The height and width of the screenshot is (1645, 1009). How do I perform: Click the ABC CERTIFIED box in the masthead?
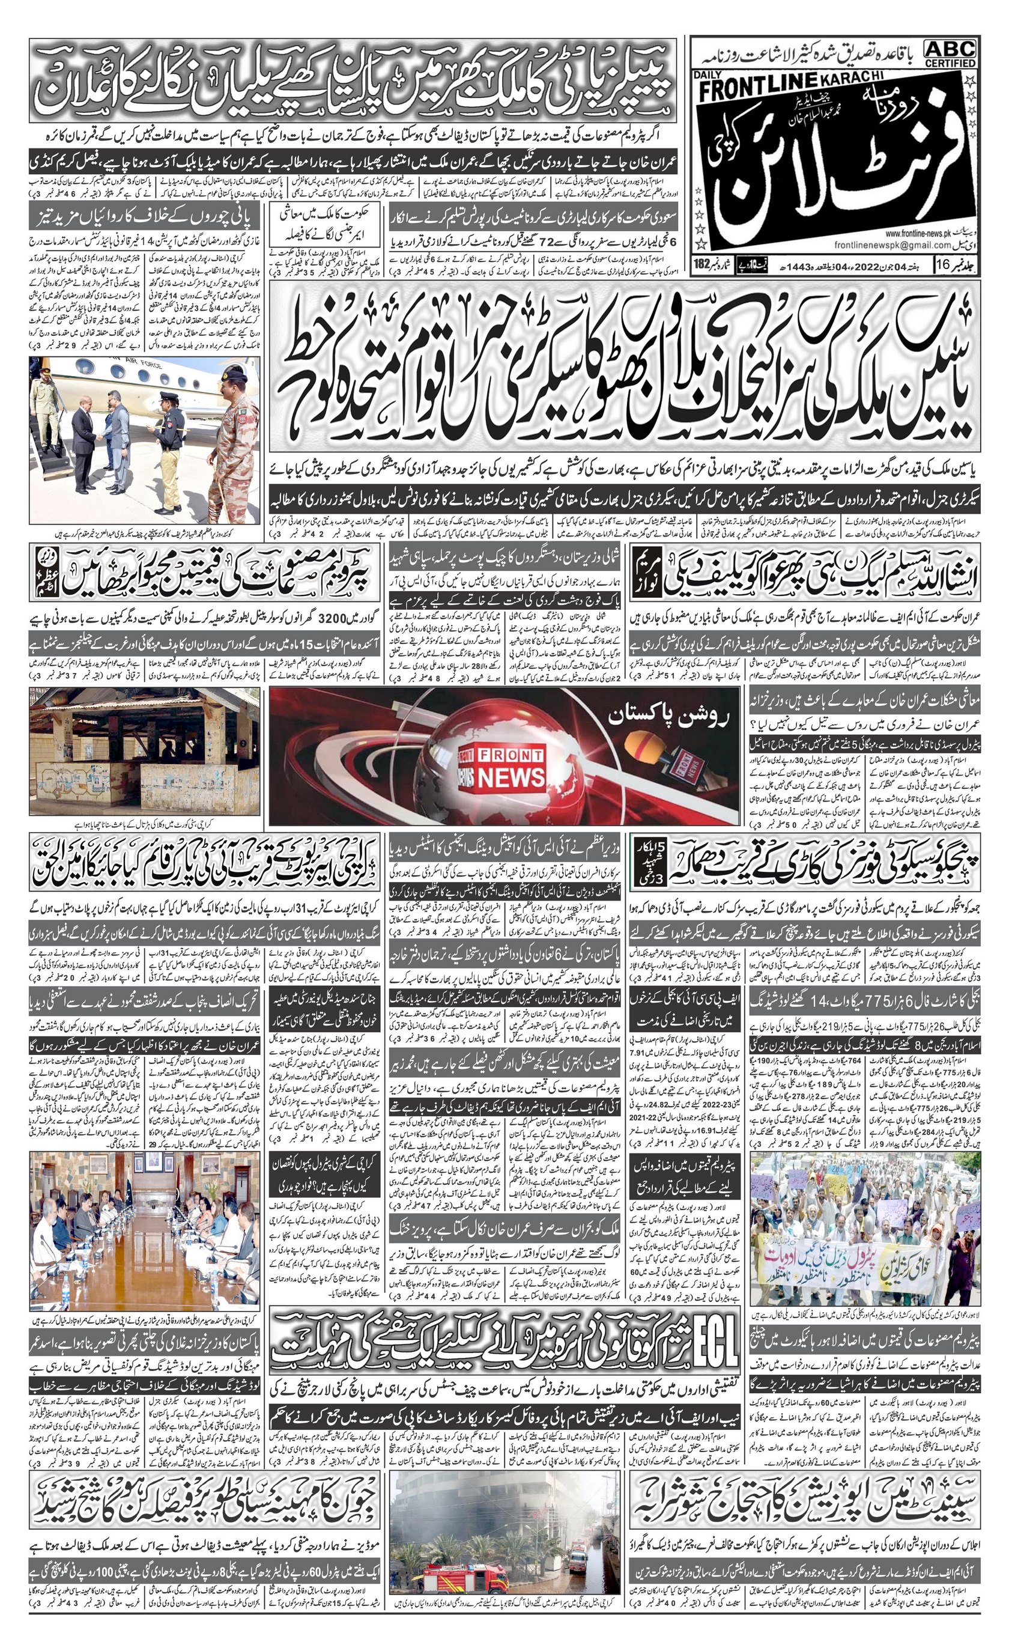coord(950,53)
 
